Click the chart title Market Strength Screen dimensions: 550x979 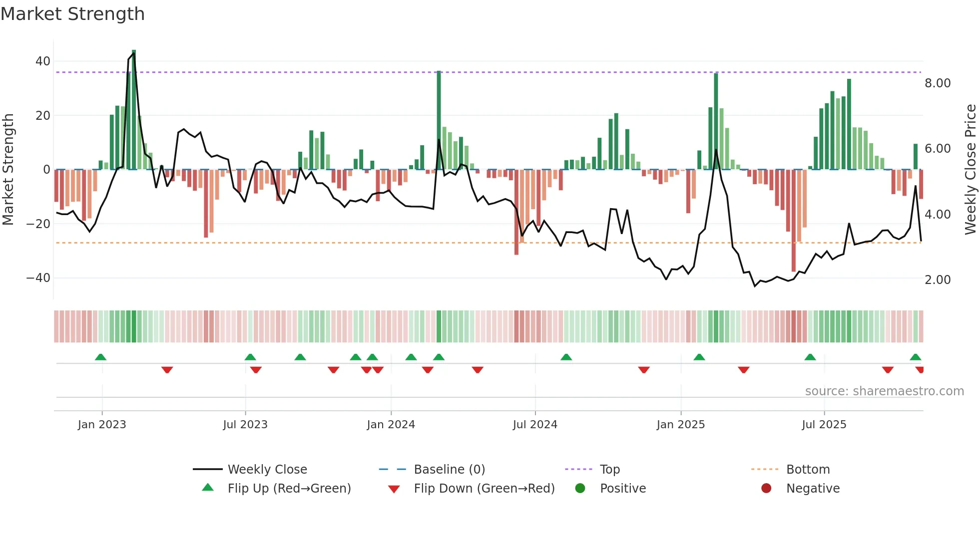(x=72, y=14)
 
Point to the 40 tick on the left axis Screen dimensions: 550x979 (x=43, y=61)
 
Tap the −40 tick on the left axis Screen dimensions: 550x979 (x=38, y=278)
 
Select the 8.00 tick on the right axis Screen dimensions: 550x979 (x=937, y=83)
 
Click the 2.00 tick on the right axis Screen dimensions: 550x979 (x=937, y=280)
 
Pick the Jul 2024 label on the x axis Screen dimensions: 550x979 (x=534, y=425)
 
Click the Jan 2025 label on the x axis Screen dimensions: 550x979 (x=680, y=425)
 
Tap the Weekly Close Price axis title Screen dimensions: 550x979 (x=970, y=170)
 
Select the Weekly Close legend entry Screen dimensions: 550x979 (x=267, y=470)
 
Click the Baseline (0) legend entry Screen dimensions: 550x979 (x=449, y=470)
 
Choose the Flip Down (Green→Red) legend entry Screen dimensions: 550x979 (x=484, y=489)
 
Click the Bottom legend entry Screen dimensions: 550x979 (x=808, y=470)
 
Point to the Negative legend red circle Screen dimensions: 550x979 (x=766, y=489)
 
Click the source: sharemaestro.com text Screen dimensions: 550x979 (x=884, y=391)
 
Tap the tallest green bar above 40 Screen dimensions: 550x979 (x=134, y=110)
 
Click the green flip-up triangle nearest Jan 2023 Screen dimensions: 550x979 (x=100, y=357)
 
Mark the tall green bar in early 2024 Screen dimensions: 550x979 (x=439, y=120)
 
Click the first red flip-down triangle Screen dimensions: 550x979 (x=167, y=370)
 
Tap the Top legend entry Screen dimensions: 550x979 (x=609, y=470)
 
